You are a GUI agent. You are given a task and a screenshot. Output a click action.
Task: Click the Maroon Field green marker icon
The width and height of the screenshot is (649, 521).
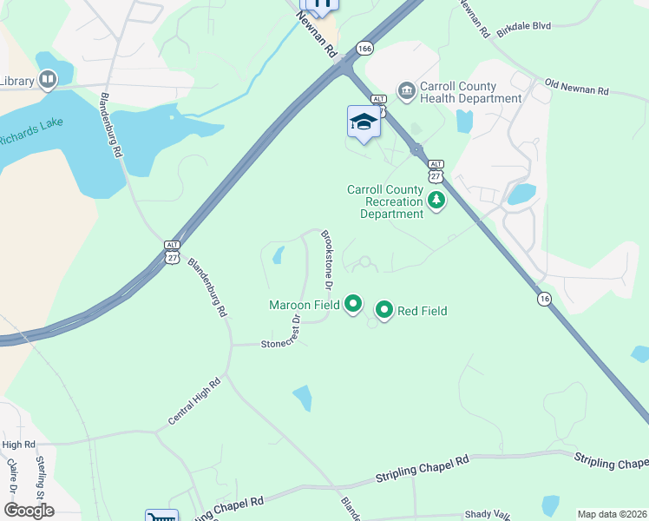[x=353, y=304]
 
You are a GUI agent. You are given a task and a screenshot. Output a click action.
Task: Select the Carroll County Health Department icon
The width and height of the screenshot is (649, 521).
[x=405, y=90]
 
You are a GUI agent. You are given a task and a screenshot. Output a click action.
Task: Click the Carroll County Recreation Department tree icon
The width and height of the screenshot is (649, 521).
[x=436, y=202]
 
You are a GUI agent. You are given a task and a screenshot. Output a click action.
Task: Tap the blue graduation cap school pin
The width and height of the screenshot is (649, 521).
[x=364, y=122]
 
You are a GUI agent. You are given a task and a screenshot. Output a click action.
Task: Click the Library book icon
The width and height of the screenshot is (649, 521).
[x=47, y=82]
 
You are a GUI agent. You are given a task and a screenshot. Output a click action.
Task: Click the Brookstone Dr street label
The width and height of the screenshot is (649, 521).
[x=328, y=260]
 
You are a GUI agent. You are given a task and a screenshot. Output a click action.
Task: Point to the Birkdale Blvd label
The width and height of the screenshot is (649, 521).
[x=524, y=28]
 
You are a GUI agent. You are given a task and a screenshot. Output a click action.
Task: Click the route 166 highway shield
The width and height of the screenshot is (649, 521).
[x=364, y=49]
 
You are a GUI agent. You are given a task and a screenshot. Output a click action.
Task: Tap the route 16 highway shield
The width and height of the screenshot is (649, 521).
[x=544, y=299]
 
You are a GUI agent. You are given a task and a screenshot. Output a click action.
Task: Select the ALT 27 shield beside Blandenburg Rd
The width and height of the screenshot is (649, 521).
[x=174, y=253]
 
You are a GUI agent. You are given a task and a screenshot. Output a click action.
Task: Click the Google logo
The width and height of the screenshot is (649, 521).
[x=29, y=510]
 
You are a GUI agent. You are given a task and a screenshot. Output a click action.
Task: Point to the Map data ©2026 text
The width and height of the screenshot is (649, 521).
[x=612, y=514]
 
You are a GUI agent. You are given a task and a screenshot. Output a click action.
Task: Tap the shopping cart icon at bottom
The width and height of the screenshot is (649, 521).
[x=161, y=517]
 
